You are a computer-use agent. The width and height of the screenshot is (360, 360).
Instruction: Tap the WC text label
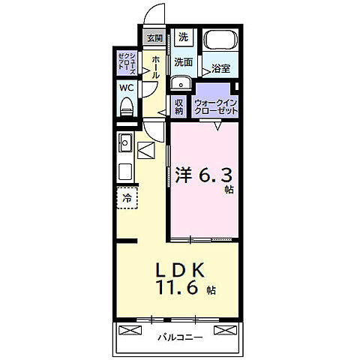[126, 87]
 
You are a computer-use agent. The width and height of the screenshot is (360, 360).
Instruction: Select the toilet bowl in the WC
[126, 106]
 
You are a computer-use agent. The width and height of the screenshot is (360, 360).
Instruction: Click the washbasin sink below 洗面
[180, 82]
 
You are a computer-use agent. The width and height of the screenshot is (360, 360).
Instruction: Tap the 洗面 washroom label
[184, 62]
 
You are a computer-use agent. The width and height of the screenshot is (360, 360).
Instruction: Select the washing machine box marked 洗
[183, 37]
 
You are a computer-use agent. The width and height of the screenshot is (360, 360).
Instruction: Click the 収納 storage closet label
[178, 106]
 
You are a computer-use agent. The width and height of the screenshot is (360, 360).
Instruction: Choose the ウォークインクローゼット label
[216, 106]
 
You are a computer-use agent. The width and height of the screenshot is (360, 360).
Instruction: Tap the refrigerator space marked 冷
[127, 199]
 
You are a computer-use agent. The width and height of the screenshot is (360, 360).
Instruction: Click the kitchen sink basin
[124, 142]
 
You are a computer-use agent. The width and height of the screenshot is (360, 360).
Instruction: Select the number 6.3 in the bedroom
[216, 176]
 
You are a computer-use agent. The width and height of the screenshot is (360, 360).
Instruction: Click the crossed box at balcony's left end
[130, 330]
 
